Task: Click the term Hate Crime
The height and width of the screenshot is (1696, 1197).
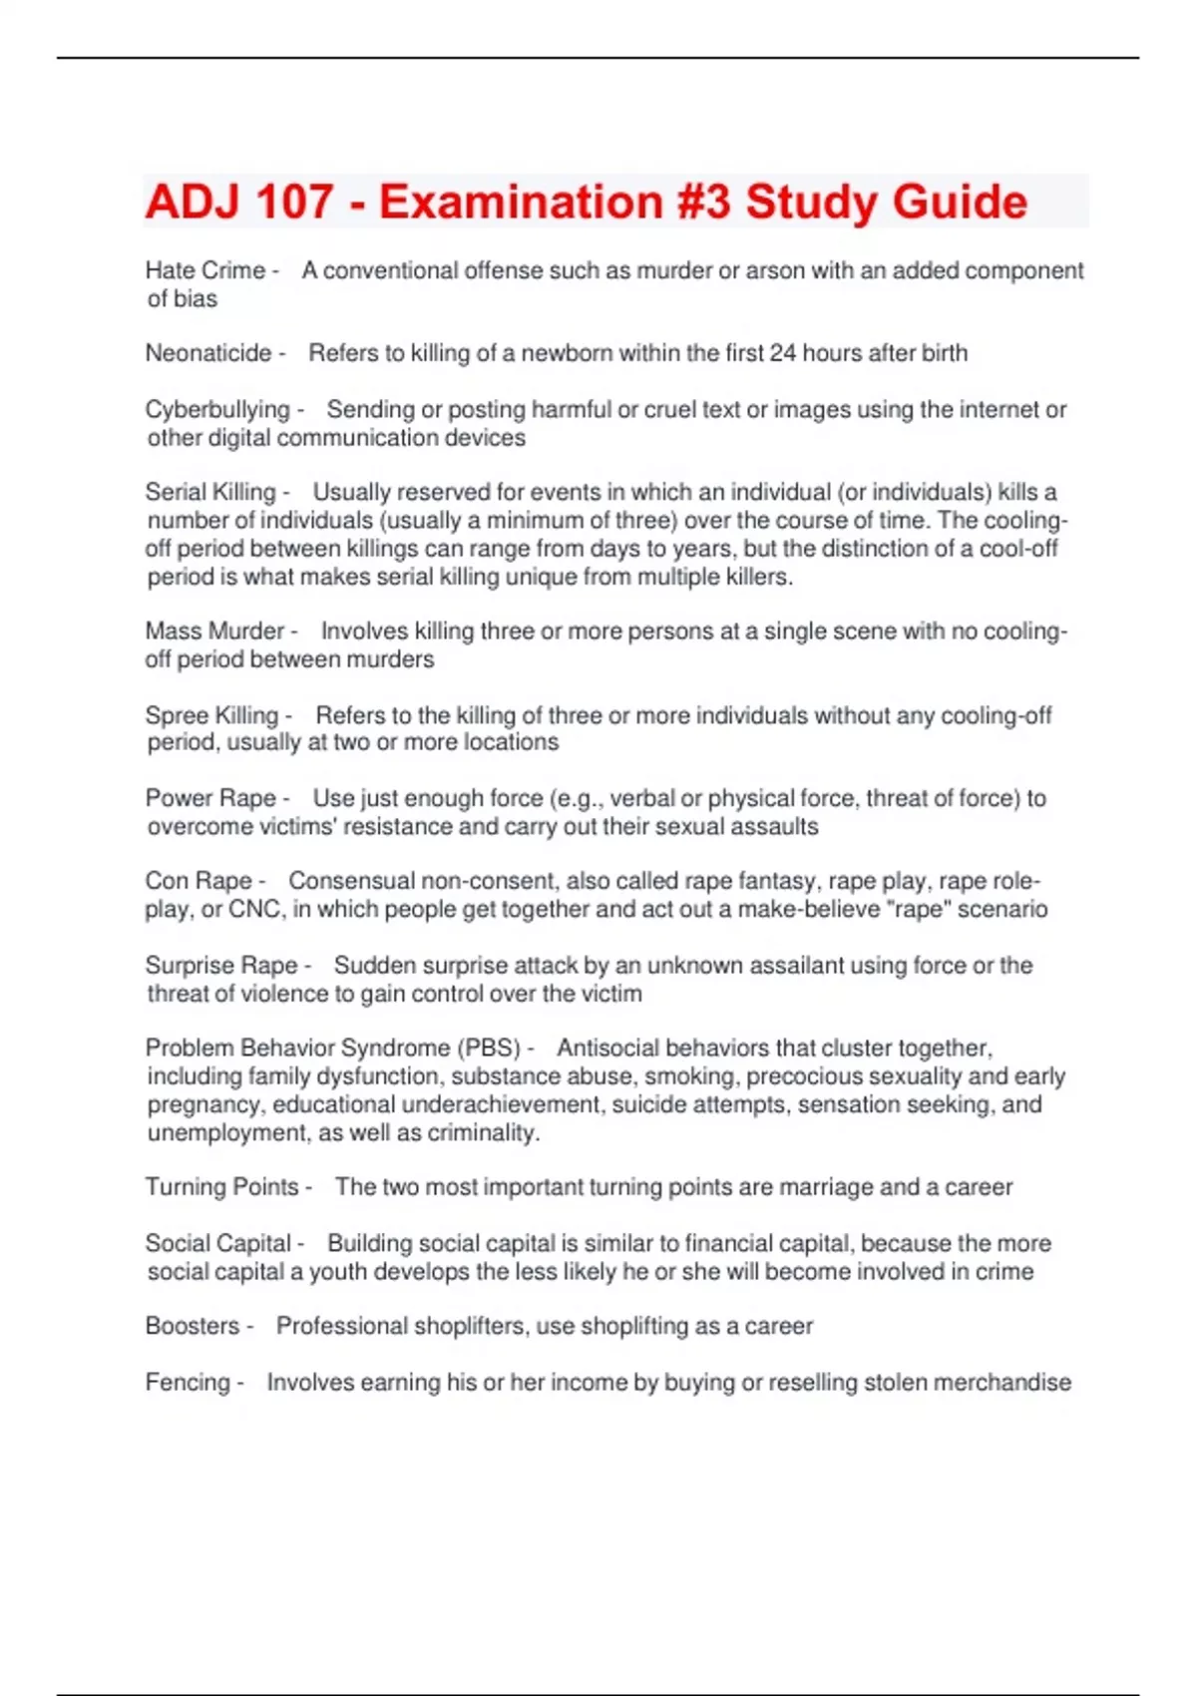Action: (204, 270)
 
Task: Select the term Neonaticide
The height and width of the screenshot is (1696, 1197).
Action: (208, 353)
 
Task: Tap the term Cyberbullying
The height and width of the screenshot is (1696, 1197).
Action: (216, 409)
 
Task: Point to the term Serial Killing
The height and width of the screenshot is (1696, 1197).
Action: (209, 492)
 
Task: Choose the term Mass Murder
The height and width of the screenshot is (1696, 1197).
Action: (214, 632)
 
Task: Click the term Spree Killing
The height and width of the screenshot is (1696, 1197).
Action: (211, 715)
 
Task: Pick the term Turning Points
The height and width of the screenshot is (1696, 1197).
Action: (221, 1187)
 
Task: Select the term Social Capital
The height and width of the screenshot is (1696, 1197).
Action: (217, 1243)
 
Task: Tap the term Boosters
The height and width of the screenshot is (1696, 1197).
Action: (192, 1326)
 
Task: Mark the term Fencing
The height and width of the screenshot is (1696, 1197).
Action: (188, 1383)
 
